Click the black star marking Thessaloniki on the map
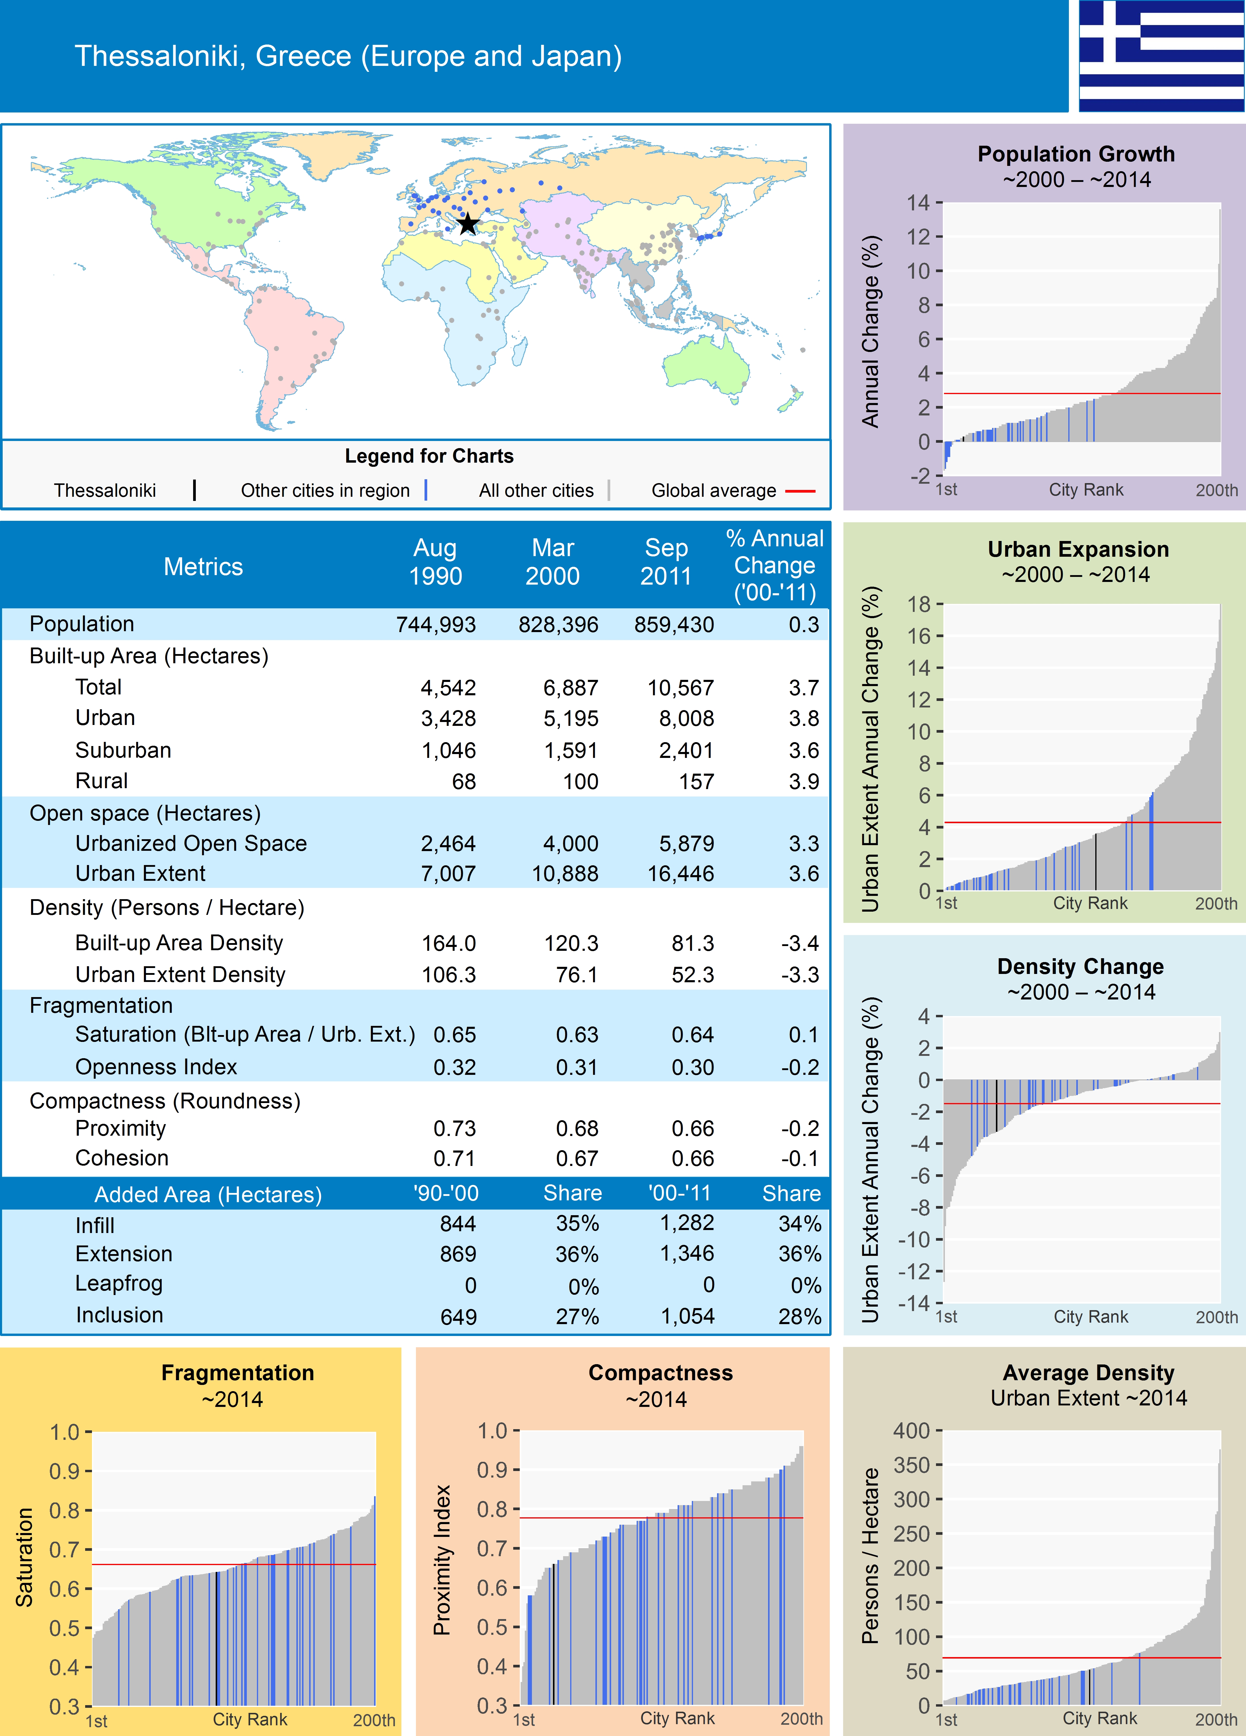point(468,224)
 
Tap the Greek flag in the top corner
point(1161,56)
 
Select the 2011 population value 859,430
point(673,625)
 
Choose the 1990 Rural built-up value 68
point(464,782)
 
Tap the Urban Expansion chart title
point(1077,550)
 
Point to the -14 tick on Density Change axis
point(914,1304)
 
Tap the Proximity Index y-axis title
point(442,1560)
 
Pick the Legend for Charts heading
point(429,456)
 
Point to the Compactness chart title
point(660,1372)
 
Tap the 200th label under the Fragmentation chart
point(374,1720)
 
